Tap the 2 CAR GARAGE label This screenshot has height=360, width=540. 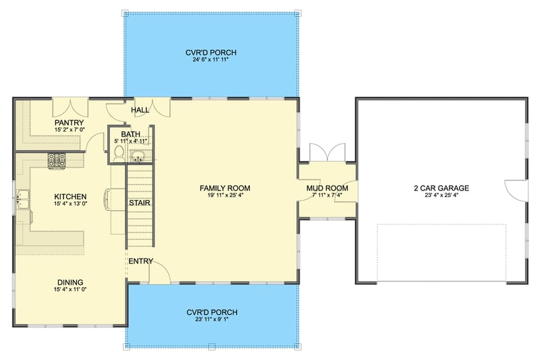441,188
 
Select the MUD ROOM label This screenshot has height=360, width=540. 327,188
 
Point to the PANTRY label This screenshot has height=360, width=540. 68,122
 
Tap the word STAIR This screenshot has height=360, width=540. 140,202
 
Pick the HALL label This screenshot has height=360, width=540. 140,110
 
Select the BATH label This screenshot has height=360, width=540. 131,134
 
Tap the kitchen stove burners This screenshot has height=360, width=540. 56,160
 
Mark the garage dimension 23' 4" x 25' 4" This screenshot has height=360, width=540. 441,197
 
